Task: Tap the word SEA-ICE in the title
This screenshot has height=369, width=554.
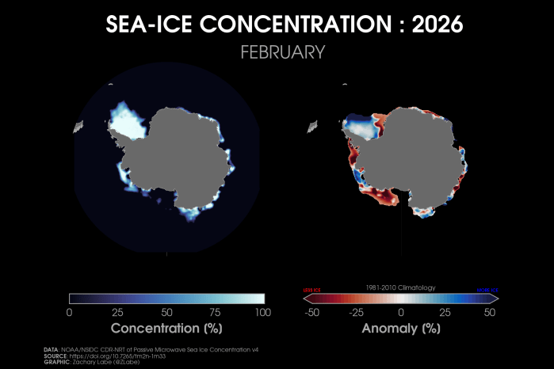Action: point(148,25)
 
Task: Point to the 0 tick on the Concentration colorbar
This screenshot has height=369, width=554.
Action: point(70,312)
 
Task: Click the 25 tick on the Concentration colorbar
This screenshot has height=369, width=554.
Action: point(118,312)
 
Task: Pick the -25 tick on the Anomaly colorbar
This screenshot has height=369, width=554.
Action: point(355,312)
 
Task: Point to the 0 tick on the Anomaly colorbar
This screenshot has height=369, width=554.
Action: point(401,312)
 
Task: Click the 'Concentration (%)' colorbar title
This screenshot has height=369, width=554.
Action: point(166,327)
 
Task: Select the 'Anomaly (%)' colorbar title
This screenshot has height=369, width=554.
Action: point(401,327)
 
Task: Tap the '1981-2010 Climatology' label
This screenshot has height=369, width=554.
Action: point(401,287)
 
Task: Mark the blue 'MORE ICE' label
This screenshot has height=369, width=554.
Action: point(487,290)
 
